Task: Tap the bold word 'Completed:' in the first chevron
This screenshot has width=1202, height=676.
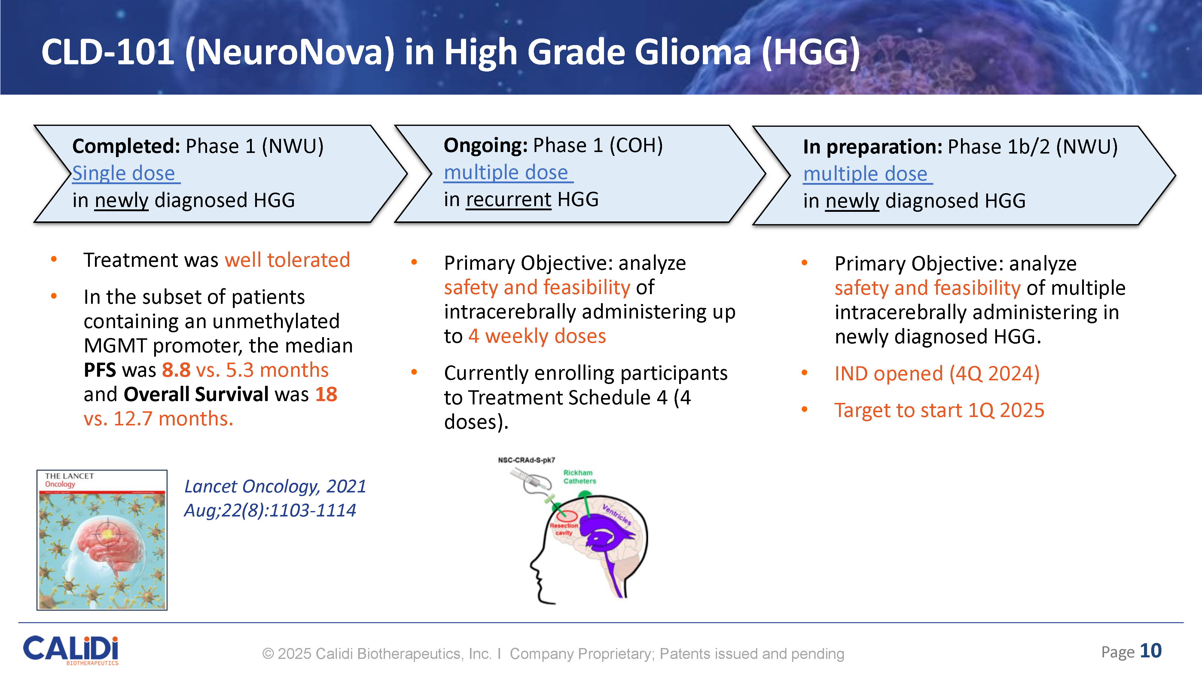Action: click(x=126, y=147)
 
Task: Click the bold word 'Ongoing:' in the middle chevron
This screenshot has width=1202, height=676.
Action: click(x=486, y=145)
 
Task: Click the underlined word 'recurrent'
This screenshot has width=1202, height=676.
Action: click(x=509, y=200)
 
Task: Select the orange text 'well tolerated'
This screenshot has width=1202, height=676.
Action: click(x=288, y=260)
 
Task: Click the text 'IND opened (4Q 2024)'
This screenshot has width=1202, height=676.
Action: click(x=937, y=374)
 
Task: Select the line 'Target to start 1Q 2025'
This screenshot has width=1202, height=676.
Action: click(x=939, y=410)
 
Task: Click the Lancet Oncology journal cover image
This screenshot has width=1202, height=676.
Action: click(x=102, y=540)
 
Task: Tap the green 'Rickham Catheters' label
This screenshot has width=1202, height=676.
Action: click(x=580, y=477)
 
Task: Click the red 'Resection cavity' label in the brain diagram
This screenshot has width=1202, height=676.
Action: click(x=564, y=529)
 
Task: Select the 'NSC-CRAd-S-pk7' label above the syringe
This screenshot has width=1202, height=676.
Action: click(x=526, y=460)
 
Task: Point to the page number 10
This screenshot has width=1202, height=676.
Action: click(x=1151, y=651)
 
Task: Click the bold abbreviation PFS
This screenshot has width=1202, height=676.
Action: click(x=100, y=370)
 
